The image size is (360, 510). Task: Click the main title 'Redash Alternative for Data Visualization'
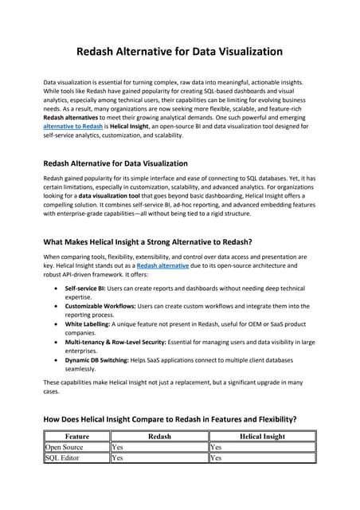click(179, 52)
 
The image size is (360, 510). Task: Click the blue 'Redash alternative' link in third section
click(166, 266)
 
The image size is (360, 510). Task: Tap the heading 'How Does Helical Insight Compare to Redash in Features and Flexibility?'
click(170, 418)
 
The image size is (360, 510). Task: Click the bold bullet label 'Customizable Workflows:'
click(103, 305)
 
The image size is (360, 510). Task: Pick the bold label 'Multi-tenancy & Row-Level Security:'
click(121, 343)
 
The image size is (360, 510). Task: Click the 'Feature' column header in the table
click(76, 437)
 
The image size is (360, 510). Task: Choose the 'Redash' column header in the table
click(159, 437)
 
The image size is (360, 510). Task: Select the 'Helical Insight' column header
click(262, 437)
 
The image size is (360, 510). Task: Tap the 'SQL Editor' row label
click(63, 458)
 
